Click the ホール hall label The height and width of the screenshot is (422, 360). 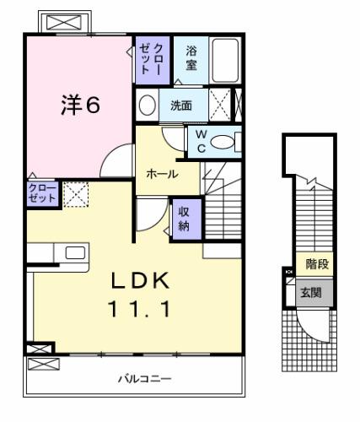(x=161, y=173)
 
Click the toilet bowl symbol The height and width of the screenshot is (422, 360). (x=223, y=142)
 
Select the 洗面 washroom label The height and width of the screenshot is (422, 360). (x=180, y=106)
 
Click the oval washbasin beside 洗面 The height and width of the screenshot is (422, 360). (x=147, y=106)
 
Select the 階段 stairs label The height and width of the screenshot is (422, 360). (x=317, y=265)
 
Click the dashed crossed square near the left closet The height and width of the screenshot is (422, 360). (x=75, y=194)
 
